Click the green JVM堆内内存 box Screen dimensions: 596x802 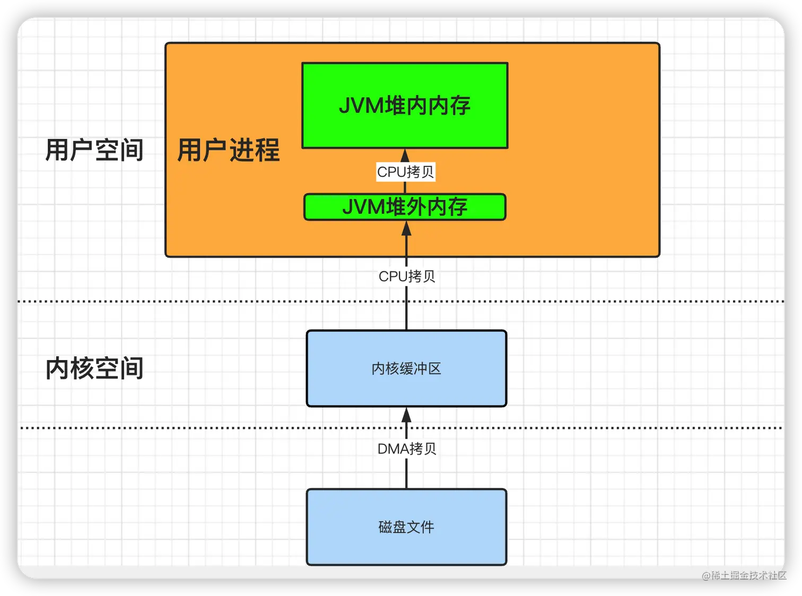click(x=405, y=106)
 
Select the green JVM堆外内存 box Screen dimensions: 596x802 click(x=405, y=207)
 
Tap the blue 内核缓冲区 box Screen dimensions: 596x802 click(x=406, y=369)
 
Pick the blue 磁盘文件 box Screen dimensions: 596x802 click(x=406, y=527)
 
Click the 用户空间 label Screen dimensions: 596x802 click(x=94, y=150)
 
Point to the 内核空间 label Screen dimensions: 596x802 click(x=94, y=369)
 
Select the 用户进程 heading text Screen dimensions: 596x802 click(x=228, y=150)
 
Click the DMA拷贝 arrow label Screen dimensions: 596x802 click(x=407, y=449)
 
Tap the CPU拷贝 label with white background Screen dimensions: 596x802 click(x=406, y=172)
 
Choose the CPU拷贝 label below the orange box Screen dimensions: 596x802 click(x=407, y=276)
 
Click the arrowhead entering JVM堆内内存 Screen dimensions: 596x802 click(x=405, y=155)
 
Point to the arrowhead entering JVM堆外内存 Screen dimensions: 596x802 click(x=407, y=229)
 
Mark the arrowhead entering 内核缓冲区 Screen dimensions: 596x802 click(x=407, y=415)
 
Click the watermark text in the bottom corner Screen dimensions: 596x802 click(x=743, y=575)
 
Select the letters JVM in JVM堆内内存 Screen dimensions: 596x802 click(x=361, y=106)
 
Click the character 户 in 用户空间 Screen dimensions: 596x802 click(x=82, y=150)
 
